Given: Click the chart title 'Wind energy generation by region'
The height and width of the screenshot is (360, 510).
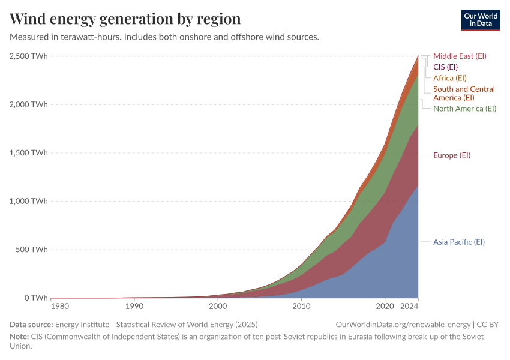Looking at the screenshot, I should coord(125,19).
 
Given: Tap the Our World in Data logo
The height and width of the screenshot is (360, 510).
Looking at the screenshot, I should coord(481,19).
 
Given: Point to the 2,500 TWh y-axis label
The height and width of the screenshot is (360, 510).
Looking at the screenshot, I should coord(29,56).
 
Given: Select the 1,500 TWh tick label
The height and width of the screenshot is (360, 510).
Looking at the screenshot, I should coord(29,153).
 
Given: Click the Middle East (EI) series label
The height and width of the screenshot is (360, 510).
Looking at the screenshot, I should coord(460,56).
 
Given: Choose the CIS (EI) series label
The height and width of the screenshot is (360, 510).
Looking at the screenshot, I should coord(445,67).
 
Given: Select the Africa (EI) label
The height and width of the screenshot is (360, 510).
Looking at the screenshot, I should coord(449,78).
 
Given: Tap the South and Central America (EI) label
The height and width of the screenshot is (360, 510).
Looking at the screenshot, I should coord(464,93).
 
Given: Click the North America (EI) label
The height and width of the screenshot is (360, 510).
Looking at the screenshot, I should coord(464,109).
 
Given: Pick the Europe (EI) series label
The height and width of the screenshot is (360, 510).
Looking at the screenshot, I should coord(452,155).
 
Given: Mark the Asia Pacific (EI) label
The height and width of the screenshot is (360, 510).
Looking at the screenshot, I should coord(458,242).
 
